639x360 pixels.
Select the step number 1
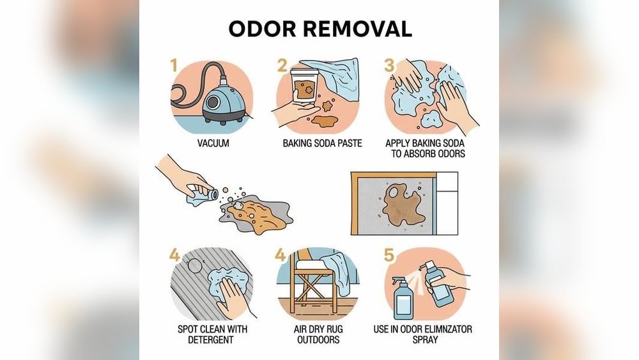coord(173,65)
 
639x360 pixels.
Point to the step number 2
coord(282,65)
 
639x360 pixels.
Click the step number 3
coord(389,65)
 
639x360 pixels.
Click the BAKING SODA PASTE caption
coord(322,144)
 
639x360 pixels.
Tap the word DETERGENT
coord(211,340)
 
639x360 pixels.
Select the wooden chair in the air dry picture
coord(313,285)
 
